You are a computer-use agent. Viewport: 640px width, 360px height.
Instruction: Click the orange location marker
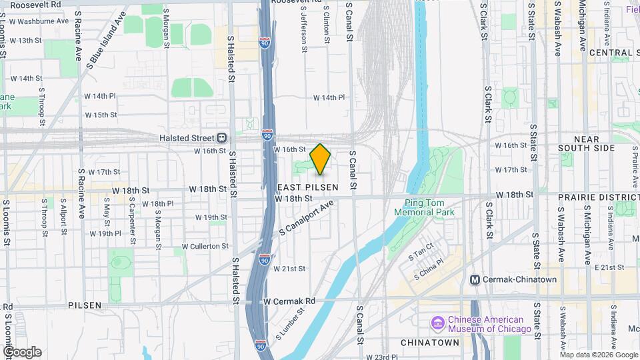[x=321, y=159]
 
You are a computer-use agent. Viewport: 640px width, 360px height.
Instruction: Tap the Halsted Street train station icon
[x=221, y=138]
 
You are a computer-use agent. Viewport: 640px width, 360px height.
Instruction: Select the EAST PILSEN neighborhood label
[x=307, y=188]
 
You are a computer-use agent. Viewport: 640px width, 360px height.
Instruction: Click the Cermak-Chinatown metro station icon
[x=475, y=279]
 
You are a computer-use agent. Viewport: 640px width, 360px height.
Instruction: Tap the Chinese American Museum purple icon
[x=438, y=323]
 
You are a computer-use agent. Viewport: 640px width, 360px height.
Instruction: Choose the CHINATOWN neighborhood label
[x=430, y=342]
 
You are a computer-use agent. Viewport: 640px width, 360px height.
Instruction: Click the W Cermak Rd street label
[x=289, y=301]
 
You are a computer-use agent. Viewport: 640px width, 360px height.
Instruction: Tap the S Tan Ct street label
[x=424, y=253]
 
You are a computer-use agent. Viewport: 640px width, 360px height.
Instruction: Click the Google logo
[x=22, y=351]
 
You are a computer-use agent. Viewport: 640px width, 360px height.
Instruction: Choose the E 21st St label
[x=607, y=267]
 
